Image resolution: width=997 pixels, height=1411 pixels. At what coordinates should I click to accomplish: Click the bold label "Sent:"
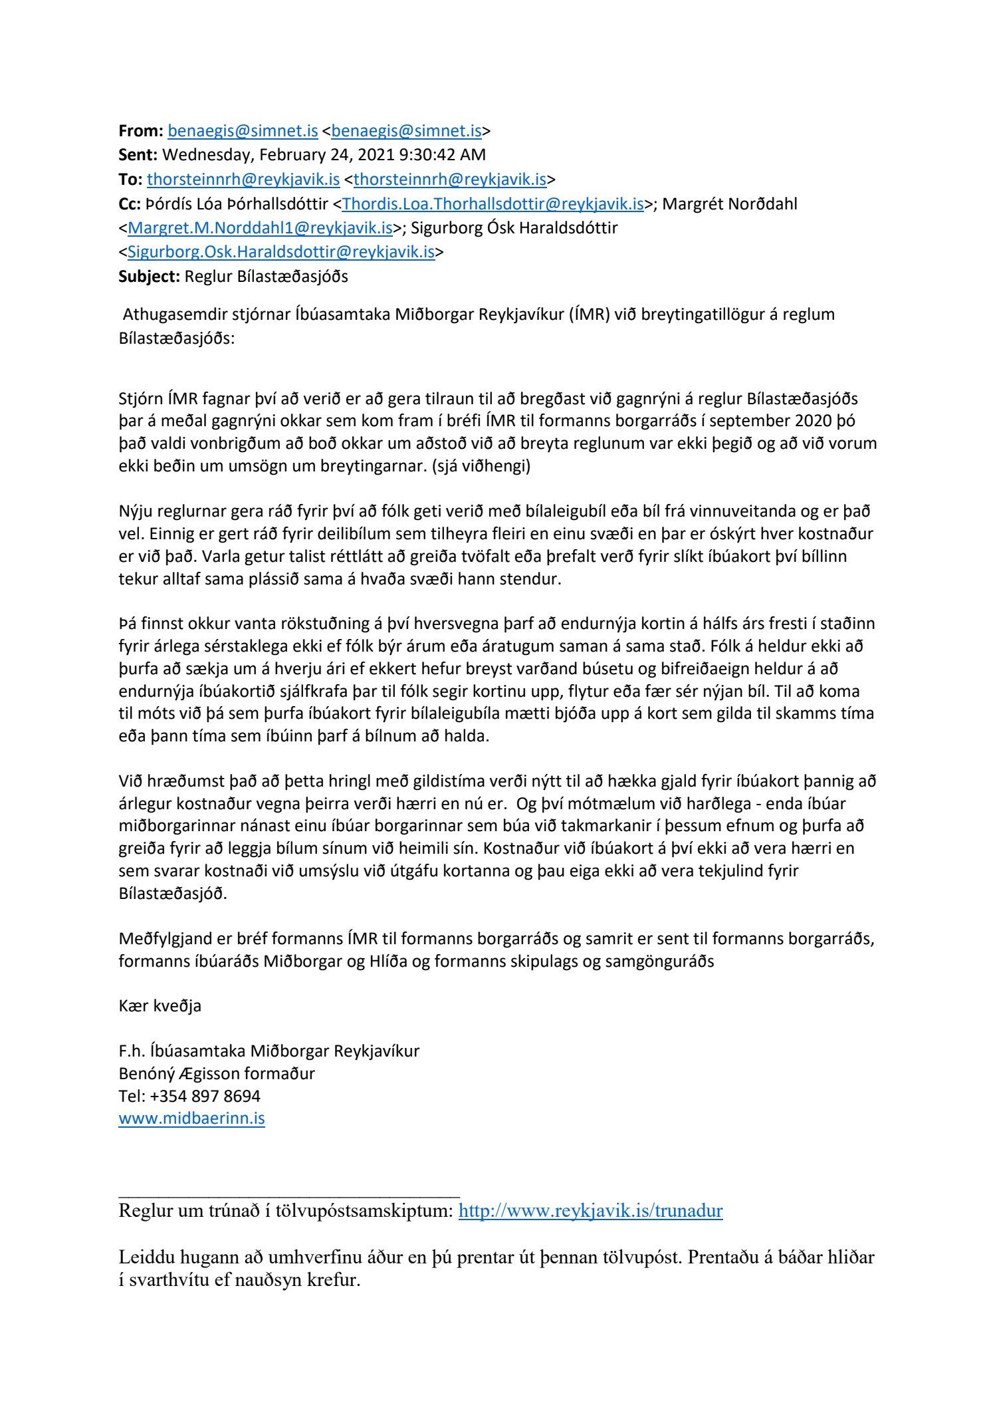coord(138,155)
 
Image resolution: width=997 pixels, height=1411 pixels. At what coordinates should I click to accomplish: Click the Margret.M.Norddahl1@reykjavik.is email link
coord(260,228)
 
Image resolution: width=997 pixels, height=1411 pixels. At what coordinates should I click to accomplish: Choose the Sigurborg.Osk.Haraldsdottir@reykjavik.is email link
coord(281,253)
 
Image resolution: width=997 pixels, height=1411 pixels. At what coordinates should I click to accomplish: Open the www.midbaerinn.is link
coord(191,1118)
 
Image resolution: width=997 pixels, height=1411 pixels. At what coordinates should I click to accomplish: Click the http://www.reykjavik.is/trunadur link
coord(590,1211)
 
